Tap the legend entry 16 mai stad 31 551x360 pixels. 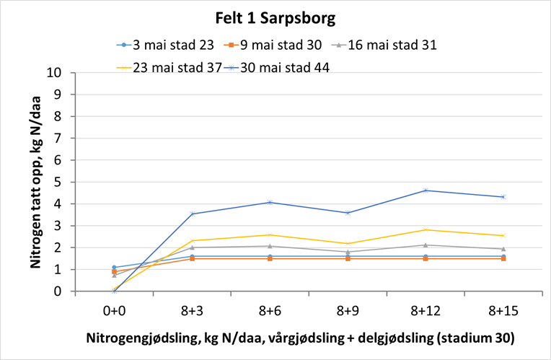[x=391, y=45]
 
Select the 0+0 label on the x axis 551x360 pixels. [x=114, y=310]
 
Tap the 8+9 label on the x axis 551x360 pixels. [x=348, y=310]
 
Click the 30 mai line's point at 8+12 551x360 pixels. [x=426, y=190]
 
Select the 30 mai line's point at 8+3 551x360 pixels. [x=192, y=214]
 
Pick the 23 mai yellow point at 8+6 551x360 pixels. [x=270, y=234]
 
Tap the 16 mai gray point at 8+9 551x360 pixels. [x=348, y=252]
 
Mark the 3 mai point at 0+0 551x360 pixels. [x=114, y=268]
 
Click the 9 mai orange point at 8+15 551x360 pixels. [x=503, y=258]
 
